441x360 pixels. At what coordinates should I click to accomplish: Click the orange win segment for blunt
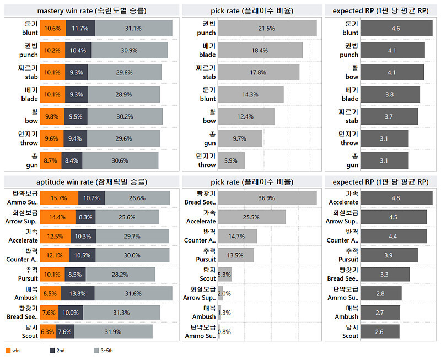pos(53,29)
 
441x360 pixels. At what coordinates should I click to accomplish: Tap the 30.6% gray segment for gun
pos(120,160)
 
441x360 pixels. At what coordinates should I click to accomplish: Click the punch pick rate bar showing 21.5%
pos(267,29)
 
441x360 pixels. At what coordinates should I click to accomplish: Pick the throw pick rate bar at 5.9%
pos(231,160)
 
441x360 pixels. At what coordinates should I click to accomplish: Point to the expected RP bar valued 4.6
pos(395,29)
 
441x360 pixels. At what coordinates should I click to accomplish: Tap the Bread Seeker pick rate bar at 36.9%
pos(267,198)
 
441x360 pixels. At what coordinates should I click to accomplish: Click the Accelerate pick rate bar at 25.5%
pos(251,217)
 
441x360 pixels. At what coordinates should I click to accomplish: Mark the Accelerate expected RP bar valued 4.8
pos(396,198)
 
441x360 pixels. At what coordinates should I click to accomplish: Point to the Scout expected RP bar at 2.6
pos(379,331)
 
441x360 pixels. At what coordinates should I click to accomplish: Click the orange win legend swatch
pos(8,350)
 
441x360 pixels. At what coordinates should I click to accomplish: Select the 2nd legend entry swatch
pos(52,350)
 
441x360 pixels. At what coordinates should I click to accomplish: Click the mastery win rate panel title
pos(92,10)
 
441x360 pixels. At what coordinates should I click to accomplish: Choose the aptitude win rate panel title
pos(92,181)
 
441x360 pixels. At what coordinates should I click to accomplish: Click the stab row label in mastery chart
pos(28,72)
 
